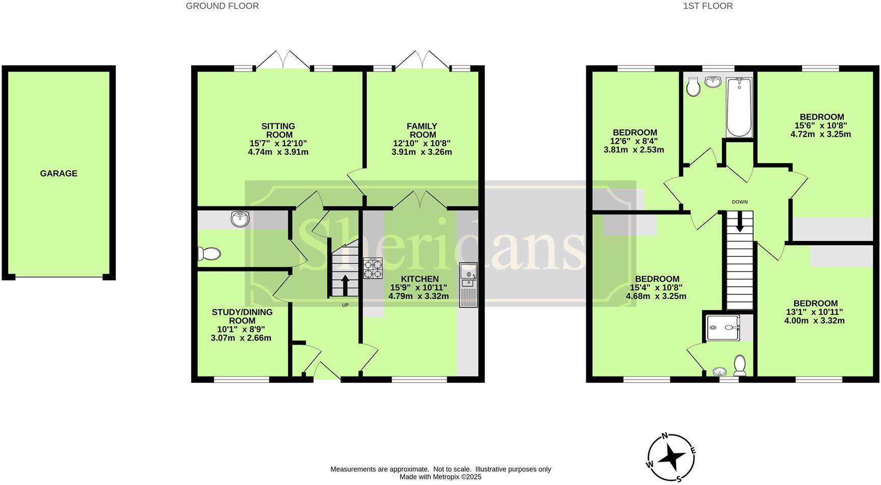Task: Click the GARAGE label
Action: (59, 174)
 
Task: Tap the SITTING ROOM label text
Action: (278, 130)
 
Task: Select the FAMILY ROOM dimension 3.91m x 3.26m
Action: (422, 152)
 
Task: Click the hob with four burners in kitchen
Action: (373, 268)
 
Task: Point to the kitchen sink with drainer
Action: (468, 285)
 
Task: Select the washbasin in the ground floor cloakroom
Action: (240, 219)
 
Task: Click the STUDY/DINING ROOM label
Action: (242, 316)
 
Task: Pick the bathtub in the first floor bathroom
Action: (739, 107)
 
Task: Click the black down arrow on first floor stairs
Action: (739, 221)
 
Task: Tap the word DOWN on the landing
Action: (739, 202)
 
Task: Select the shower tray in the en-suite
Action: (723, 327)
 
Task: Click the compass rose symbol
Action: (670, 457)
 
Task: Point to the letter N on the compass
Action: (664, 436)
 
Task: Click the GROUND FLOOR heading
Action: (222, 6)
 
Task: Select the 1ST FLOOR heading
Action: (708, 6)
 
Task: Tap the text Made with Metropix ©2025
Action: (440, 477)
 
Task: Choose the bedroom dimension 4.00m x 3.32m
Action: (814, 321)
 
